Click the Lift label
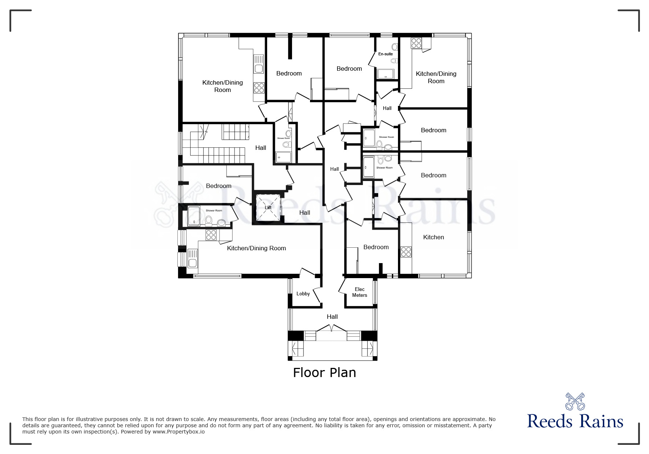268,207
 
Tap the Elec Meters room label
359,292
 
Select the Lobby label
303,294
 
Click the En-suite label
386,54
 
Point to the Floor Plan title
324,372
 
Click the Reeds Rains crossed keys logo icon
575,401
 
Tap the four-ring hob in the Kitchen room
406,252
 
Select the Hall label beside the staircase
261,148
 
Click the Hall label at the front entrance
332,317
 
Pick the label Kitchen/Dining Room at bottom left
256,248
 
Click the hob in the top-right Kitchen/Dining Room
416,43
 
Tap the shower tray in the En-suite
386,74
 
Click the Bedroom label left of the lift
218,186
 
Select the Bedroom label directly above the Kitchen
434,175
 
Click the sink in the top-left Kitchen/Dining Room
259,68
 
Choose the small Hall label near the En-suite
387,108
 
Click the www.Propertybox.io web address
178,432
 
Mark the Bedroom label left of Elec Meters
376,247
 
